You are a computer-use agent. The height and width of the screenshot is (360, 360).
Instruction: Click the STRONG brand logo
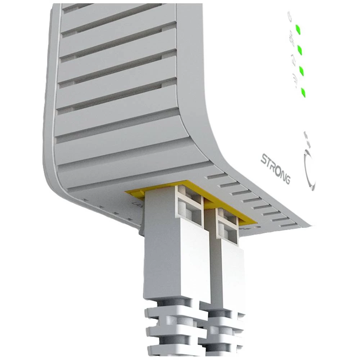tap(275, 168)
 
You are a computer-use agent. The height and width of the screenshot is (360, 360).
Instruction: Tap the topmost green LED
tap(298, 29)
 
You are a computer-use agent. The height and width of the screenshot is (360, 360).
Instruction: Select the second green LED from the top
tap(300, 50)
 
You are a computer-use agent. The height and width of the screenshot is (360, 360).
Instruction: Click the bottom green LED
tap(303, 92)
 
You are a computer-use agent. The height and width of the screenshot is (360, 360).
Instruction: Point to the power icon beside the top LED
tap(290, 16)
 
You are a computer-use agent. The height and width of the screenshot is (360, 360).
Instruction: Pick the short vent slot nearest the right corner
tap(288, 225)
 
